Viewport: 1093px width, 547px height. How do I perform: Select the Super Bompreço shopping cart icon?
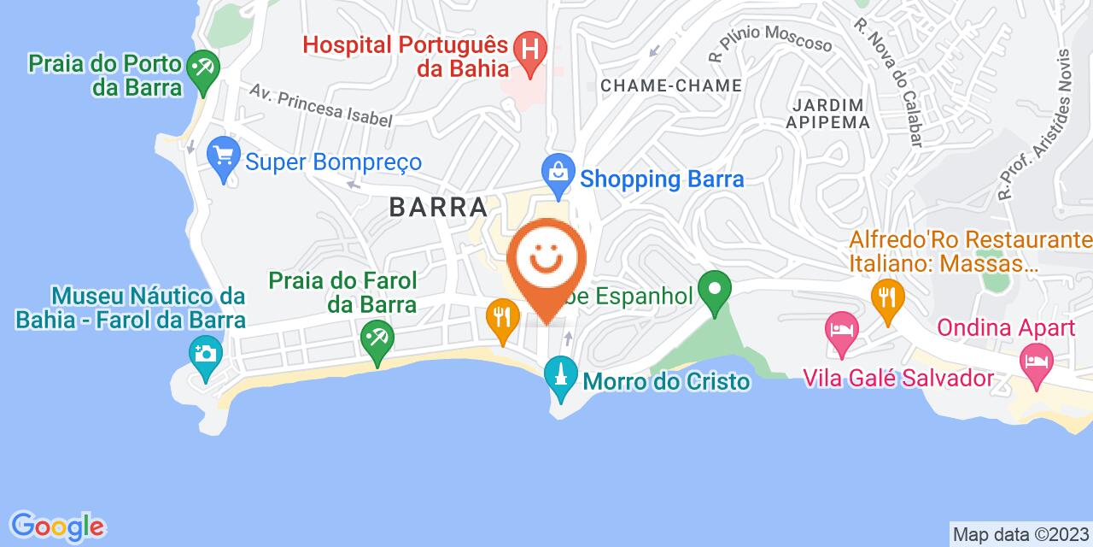(225, 156)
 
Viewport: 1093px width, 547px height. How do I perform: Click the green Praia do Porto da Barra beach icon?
(203, 67)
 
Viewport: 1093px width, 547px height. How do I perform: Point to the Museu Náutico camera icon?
(205, 351)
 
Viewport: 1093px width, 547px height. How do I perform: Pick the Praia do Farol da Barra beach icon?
(375, 335)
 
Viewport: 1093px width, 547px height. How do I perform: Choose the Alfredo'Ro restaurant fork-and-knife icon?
(888, 297)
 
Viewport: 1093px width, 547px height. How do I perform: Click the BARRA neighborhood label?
(439, 207)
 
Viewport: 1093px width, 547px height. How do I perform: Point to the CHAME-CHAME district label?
(670, 85)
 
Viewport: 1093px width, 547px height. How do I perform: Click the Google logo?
(57, 526)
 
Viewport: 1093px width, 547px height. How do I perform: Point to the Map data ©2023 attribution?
(1020, 535)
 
